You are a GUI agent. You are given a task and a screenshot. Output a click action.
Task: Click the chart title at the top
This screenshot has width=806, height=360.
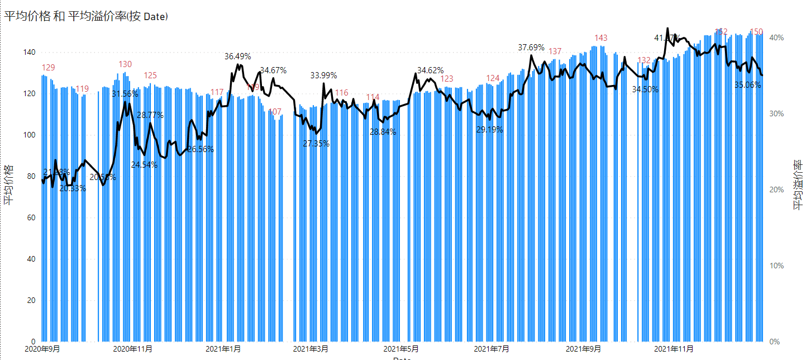point(87,17)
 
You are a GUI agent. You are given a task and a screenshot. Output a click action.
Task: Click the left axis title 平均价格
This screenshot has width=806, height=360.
point(8,185)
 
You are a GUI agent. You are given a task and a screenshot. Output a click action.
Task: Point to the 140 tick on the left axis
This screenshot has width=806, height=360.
point(29,53)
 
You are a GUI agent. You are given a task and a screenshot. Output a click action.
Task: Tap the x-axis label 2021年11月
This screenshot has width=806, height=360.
point(670,349)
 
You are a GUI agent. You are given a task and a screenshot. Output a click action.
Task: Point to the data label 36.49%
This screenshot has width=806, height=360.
point(238,56)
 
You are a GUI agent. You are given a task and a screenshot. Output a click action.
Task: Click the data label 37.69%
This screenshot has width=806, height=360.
point(531,48)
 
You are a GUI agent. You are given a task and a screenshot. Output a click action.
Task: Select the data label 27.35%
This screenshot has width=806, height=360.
point(316,144)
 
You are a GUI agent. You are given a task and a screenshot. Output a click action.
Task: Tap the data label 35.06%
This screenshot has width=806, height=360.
point(748,86)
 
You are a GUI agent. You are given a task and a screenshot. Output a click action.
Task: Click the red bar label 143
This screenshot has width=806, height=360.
point(601,38)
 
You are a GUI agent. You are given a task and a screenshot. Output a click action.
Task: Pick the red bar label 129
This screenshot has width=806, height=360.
point(49,68)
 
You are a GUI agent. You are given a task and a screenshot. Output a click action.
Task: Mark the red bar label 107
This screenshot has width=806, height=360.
point(275,112)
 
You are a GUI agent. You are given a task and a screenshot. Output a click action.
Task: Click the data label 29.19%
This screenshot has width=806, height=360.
point(489,130)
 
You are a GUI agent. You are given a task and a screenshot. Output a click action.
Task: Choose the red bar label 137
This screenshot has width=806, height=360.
point(555,52)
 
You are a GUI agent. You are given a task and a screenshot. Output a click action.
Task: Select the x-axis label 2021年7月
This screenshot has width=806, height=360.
point(491,349)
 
